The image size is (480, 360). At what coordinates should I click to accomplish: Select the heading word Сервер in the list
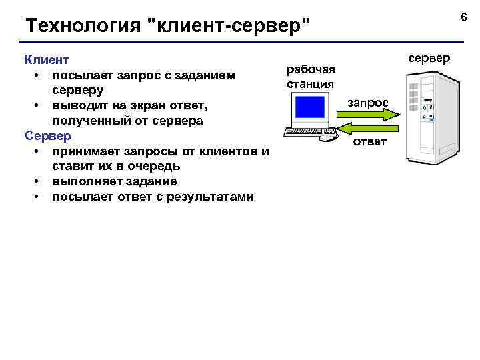pyautogui.click(x=47, y=136)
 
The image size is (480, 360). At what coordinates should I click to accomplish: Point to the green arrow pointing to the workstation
pyautogui.click(x=368, y=128)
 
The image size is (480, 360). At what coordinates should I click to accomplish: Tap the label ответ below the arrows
pyautogui.click(x=369, y=142)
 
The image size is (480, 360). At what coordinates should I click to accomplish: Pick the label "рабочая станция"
pyautogui.click(x=310, y=77)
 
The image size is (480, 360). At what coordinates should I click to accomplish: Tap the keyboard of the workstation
pyautogui.click(x=306, y=131)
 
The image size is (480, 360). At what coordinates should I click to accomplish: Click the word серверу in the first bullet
pyautogui.click(x=79, y=90)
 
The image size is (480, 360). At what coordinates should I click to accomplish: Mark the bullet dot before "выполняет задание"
pyautogui.click(x=35, y=181)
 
